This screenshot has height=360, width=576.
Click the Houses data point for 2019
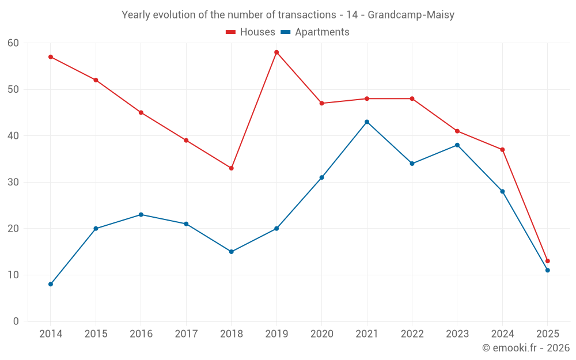tap(276, 52)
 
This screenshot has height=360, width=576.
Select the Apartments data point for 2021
tap(367, 122)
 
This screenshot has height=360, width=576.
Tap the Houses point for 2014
tap(51, 57)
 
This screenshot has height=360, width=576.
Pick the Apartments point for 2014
tap(51, 284)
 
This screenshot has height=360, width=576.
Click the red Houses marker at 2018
tap(232, 168)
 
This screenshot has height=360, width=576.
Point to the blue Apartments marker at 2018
tap(232, 252)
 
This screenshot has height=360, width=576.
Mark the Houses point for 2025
tap(547, 261)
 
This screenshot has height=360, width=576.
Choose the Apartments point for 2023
tap(457, 145)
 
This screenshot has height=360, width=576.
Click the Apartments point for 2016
tap(141, 215)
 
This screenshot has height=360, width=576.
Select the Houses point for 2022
tap(412, 98)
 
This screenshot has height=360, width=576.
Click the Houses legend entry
tap(251, 32)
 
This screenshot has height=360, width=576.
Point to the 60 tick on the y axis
tap(13, 43)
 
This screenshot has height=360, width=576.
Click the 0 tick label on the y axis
tap(16, 321)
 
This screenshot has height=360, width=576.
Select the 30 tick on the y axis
tap(13, 182)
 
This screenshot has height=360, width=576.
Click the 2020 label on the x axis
tap(321, 334)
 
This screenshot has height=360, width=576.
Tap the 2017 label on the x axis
tap(186, 334)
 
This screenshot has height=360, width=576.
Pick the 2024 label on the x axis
tap(502, 334)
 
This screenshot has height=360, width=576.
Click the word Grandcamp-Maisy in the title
tap(411, 15)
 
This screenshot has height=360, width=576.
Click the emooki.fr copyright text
tap(525, 348)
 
